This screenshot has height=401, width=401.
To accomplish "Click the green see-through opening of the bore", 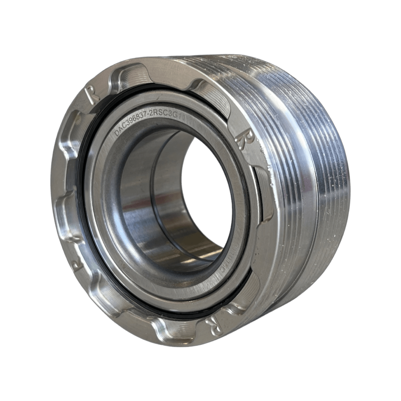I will pos(208,189).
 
